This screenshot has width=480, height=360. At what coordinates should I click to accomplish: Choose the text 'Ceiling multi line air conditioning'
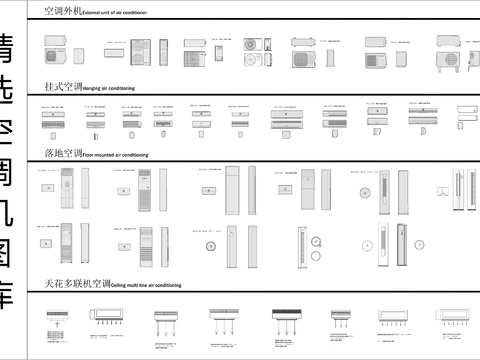coord(152,286)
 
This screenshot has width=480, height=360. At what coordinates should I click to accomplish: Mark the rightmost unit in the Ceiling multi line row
coord(455,318)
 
